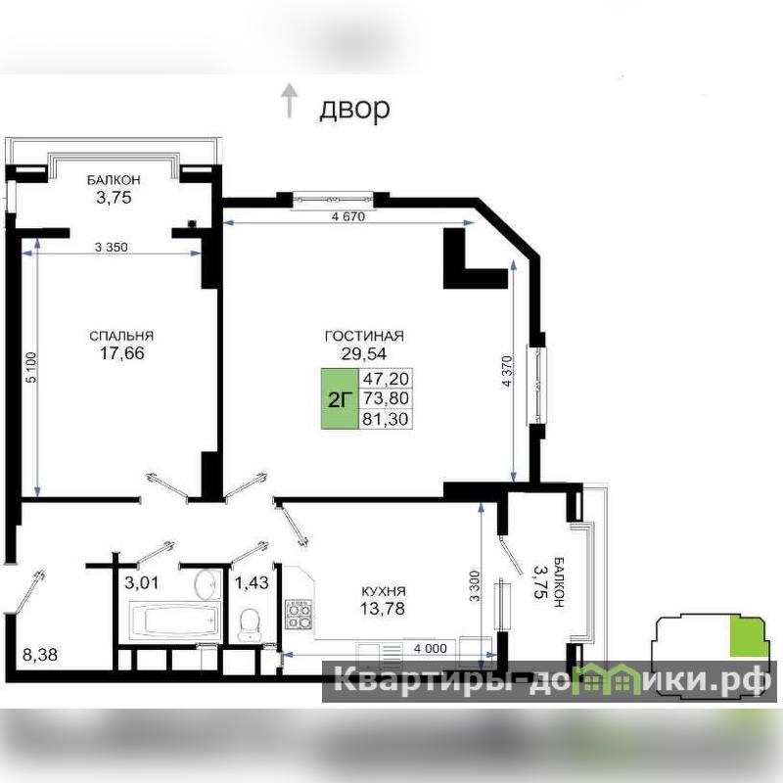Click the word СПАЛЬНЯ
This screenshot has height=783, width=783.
pyautogui.click(x=121, y=336)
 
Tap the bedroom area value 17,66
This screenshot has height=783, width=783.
pyautogui.click(x=122, y=353)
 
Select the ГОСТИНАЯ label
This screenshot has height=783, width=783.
pyautogui.click(x=364, y=336)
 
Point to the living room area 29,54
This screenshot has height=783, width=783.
pyautogui.click(x=364, y=353)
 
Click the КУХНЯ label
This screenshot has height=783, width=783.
pyautogui.click(x=383, y=592)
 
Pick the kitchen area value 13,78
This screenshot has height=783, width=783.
pyautogui.click(x=383, y=609)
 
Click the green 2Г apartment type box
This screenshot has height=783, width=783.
pyautogui.click(x=340, y=399)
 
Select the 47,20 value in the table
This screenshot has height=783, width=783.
pyautogui.click(x=386, y=379)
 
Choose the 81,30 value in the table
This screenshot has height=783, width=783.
pyautogui.click(x=386, y=419)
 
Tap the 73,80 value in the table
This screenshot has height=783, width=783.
pyautogui.click(x=386, y=398)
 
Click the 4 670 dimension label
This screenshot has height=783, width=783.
pyautogui.click(x=348, y=216)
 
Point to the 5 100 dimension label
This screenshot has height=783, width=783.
pyautogui.click(x=31, y=368)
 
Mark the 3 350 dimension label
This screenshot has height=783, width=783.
pyautogui.click(x=112, y=247)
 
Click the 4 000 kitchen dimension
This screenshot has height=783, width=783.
pyautogui.click(x=431, y=649)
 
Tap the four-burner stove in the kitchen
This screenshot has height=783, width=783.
pyautogui.click(x=299, y=615)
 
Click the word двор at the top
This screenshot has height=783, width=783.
pyautogui.click(x=354, y=108)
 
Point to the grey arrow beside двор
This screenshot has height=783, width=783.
pyautogui.click(x=289, y=101)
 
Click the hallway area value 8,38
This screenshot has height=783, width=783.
pyautogui.click(x=40, y=655)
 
